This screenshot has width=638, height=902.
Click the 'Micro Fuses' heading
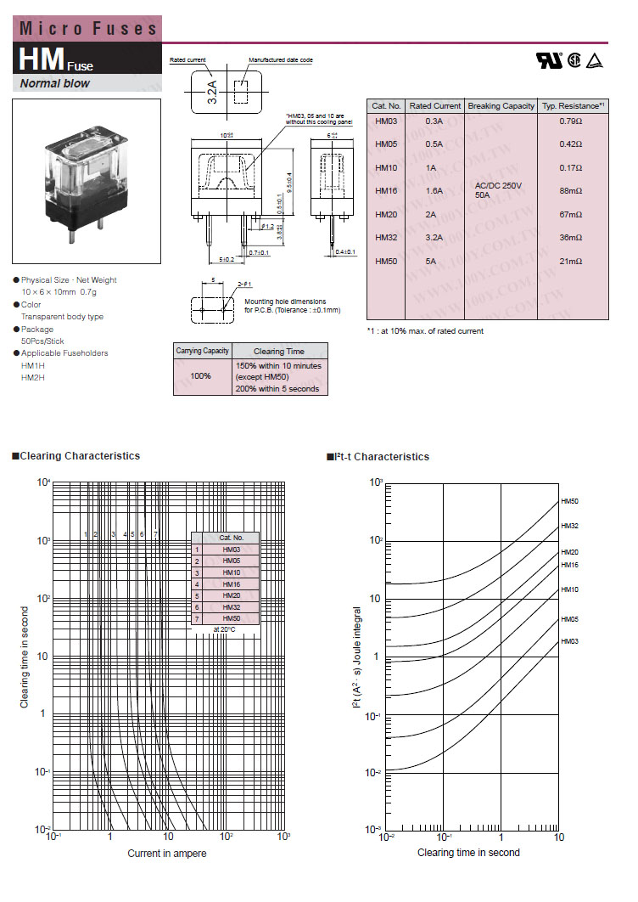coord(89,28)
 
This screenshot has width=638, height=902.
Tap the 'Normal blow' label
coord(55,83)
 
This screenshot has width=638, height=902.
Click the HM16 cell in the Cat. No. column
coord(386,191)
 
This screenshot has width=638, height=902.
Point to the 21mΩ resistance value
coord(571,262)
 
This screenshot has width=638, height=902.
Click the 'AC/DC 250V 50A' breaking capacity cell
coord(500,190)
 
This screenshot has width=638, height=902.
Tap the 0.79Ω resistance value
coord(571,121)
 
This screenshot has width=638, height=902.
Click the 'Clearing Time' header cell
coord(278,351)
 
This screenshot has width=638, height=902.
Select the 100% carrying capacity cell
coord(201,375)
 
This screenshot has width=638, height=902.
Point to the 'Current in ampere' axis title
coord(167,853)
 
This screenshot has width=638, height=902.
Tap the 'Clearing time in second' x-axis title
coord(468,852)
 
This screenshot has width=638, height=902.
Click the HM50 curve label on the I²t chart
coord(569,502)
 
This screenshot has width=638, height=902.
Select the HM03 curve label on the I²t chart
coord(569,641)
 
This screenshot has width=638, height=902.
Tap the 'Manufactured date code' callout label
coord(281,60)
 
